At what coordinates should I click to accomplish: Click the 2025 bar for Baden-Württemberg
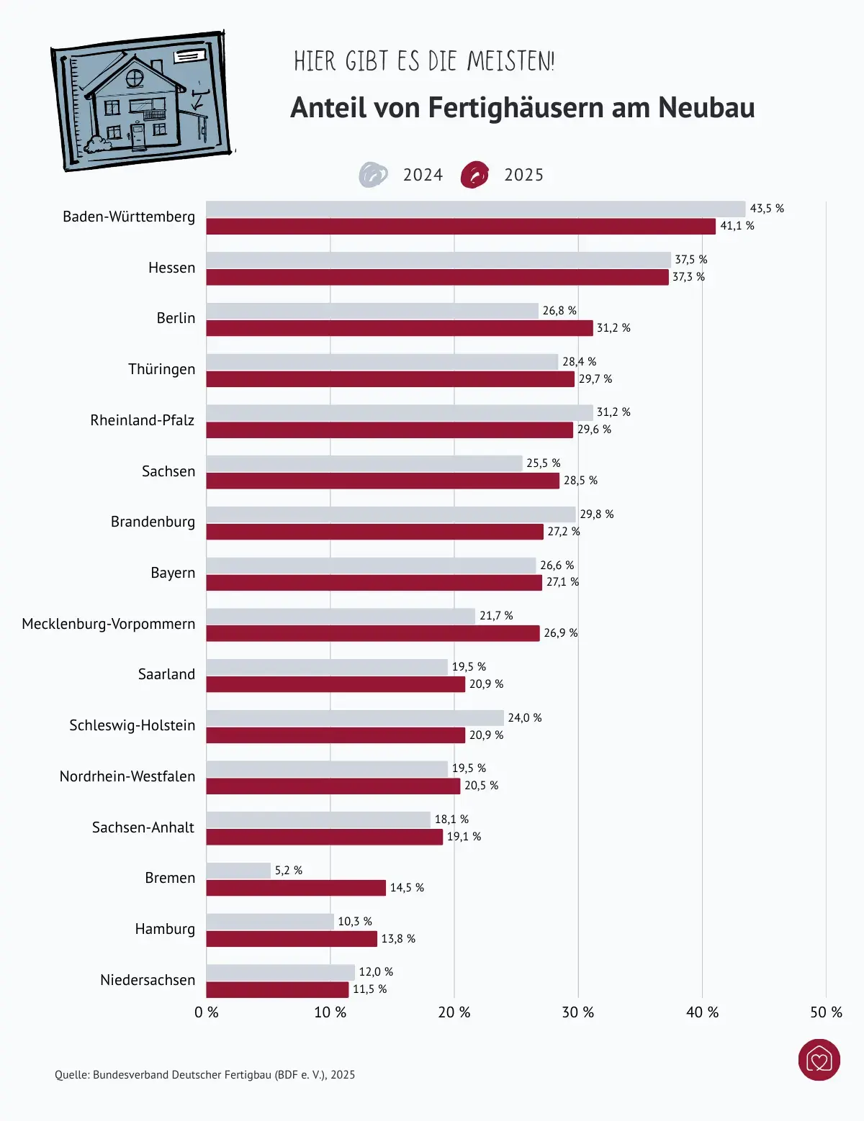coord(461,227)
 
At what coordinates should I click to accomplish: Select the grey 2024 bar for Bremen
coord(238,871)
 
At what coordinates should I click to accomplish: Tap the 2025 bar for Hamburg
coord(292,939)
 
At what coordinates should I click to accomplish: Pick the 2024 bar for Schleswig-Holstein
coord(355,718)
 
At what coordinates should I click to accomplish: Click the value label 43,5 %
coord(767,209)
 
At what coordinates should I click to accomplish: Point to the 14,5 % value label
coord(407,888)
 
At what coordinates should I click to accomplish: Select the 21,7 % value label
coord(496,616)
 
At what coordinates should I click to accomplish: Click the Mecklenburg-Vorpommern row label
coord(109,624)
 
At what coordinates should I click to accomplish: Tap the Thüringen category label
coord(161,369)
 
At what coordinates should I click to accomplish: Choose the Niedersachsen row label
coord(148,980)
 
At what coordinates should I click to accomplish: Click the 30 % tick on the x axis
coord(577,1012)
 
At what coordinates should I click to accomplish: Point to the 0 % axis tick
coord(207,1012)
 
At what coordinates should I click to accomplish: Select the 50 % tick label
coord(826,1012)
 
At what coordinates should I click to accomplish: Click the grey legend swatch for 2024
coord(373,175)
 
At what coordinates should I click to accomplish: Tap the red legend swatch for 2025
coord(474,175)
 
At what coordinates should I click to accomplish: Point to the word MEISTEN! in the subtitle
coord(510,62)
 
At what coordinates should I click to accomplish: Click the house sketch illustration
coord(142,101)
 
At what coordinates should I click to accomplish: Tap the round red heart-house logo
coord(819,1060)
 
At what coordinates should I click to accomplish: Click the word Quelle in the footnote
coord(71,1075)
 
